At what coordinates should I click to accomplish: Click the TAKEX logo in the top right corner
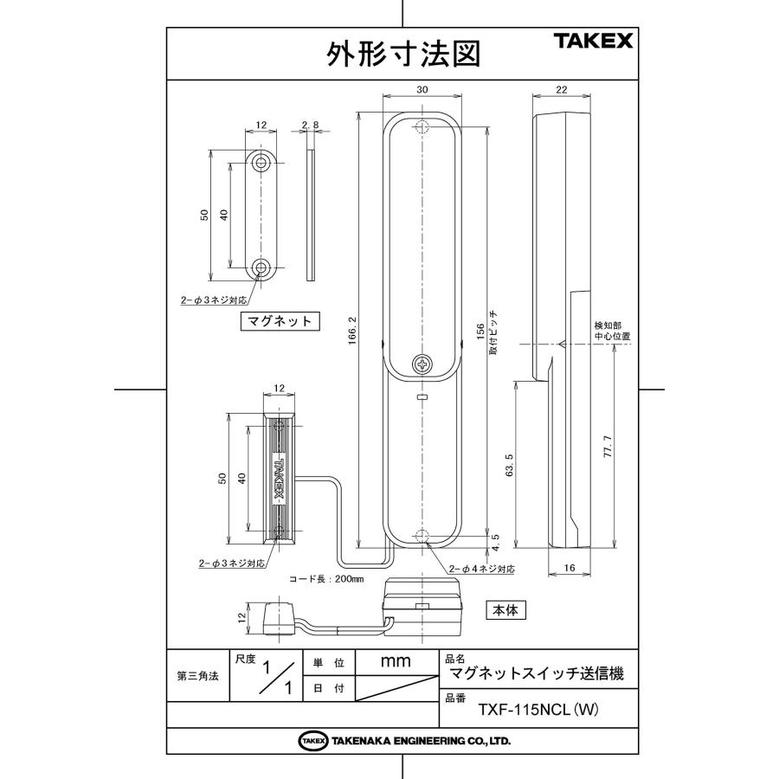tap(593, 41)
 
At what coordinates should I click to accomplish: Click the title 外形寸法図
tap(402, 54)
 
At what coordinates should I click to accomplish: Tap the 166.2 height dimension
tap(352, 331)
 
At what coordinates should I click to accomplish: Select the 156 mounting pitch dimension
tap(480, 332)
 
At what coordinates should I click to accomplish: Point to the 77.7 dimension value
tap(608, 446)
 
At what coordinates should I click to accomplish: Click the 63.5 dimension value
tap(509, 465)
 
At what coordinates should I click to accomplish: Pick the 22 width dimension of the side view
tap(562, 90)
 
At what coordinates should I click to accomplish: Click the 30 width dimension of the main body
tap(422, 90)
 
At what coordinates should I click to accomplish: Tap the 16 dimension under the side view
tap(570, 567)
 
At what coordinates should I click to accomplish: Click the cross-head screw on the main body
tap(422, 364)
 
